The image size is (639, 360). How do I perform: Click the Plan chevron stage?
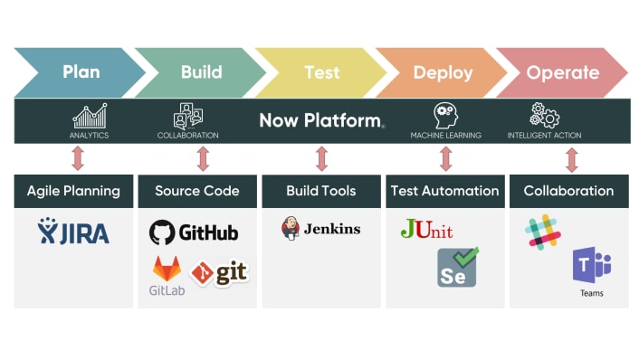[80, 72]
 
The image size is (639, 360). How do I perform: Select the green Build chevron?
[201, 72]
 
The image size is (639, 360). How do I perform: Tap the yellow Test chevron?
[321, 72]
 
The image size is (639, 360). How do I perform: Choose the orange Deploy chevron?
[443, 72]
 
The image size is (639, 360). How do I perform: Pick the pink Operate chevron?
[562, 72]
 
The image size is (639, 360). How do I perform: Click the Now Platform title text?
[321, 120]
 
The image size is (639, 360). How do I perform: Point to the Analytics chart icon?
[89, 116]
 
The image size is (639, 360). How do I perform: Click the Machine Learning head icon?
[445, 115]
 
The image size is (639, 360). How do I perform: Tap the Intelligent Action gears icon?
[544, 115]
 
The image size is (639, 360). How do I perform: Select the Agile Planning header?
[73, 191]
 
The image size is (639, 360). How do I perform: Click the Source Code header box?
[197, 191]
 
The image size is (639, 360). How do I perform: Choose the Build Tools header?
[321, 191]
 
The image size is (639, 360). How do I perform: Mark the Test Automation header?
[444, 191]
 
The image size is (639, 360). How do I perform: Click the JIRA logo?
[73, 232]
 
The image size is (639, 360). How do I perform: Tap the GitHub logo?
[194, 232]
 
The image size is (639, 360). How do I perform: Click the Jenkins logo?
[320, 229]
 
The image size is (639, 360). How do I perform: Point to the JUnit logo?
[426, 230]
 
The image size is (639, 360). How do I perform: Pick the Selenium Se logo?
[458, 268]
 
